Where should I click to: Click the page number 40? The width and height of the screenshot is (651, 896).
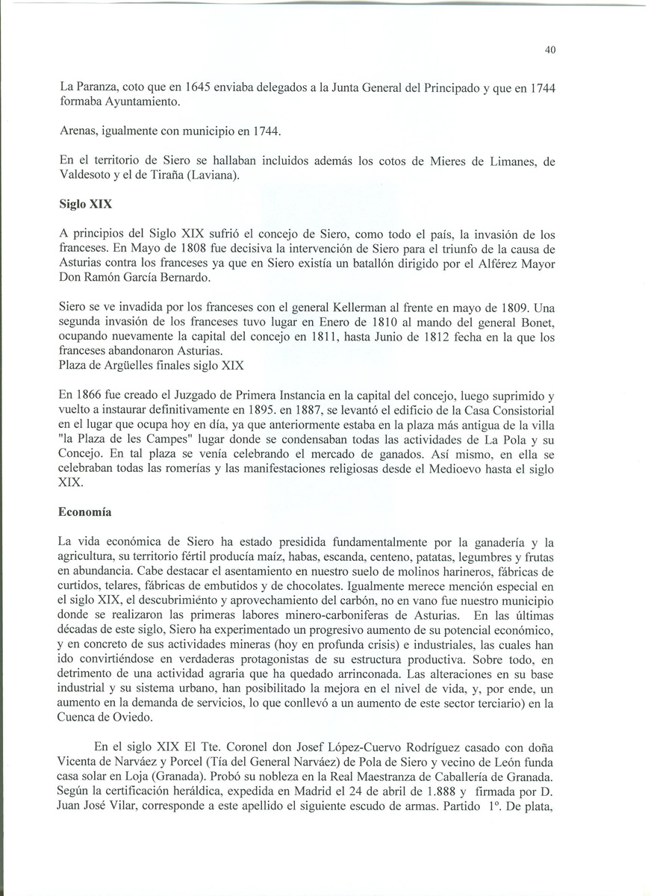click(x=550, y=51)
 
